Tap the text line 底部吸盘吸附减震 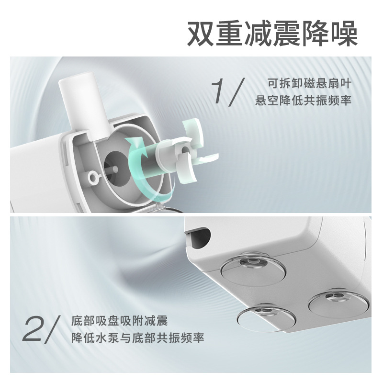(x=119, y=319)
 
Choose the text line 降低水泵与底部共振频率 (x=137, y=338)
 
